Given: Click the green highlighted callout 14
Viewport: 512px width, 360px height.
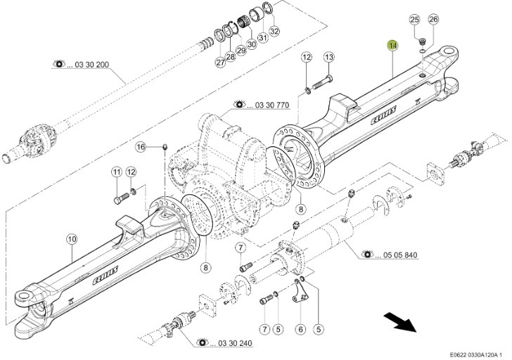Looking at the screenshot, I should [392, 46].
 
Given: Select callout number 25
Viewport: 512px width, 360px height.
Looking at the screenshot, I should [414, 20].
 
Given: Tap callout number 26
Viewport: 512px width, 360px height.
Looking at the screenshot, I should [433, 20].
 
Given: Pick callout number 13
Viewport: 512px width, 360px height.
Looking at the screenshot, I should [329, 57].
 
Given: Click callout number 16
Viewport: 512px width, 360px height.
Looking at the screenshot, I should [141, 147].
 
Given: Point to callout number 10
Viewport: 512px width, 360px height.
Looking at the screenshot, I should [72, 239].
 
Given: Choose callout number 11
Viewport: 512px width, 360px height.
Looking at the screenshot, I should [117, 172].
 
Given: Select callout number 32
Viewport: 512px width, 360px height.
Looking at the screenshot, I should [274, 31].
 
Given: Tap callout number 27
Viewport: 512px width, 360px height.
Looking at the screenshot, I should [220, 63].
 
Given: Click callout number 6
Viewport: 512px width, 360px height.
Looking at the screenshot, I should [300, 328].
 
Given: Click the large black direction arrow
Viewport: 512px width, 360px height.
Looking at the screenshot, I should [400, 324].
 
